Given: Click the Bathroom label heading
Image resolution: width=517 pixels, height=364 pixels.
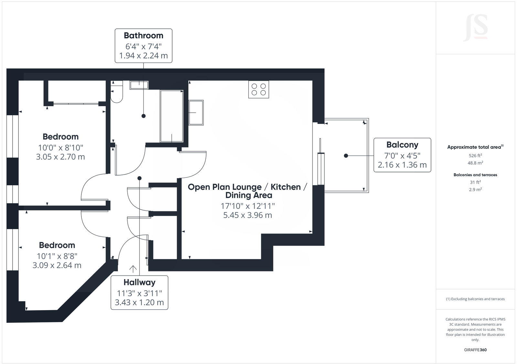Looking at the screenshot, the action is pos(143,35).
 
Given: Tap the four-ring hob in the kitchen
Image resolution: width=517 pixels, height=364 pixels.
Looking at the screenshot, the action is pos(258,89).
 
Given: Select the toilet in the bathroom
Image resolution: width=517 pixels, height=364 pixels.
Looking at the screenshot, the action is pos(117,92).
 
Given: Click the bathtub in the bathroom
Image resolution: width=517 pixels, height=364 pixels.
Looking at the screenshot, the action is pos(172,116).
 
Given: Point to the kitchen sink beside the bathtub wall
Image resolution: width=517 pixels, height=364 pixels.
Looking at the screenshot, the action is pos(196,113).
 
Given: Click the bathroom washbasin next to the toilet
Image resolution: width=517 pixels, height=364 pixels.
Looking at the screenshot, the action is pos(139,85).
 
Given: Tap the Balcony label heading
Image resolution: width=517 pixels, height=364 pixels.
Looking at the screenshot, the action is pos(402,145).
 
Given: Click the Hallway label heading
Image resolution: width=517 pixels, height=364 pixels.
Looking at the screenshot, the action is pos(139,282).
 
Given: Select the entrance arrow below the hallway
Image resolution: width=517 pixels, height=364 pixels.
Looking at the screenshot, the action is pos(133,269).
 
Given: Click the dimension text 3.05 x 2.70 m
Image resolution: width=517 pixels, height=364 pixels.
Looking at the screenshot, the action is pos(60,157).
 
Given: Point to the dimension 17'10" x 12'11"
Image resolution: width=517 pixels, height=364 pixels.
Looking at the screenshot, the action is pos(248,206).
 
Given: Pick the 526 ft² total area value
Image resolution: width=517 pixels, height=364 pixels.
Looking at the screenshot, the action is pos(475,155).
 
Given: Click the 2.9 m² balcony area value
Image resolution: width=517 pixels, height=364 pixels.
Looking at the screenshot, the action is pos(475,189).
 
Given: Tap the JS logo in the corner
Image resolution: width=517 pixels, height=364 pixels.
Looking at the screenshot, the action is pos(475,28).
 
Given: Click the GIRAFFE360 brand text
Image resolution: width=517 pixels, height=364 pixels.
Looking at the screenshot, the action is pos(475,350).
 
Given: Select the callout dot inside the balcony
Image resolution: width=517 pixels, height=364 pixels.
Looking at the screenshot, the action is pos(346,156).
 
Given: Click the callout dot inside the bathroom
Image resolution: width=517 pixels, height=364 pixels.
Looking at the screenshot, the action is pos(143,116).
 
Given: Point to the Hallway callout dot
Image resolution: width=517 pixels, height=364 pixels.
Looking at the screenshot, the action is pos(139,178).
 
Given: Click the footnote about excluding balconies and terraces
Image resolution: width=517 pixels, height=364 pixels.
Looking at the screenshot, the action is pos(475,299).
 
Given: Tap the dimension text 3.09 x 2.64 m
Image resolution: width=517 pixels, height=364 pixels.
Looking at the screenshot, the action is pos(57,265).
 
